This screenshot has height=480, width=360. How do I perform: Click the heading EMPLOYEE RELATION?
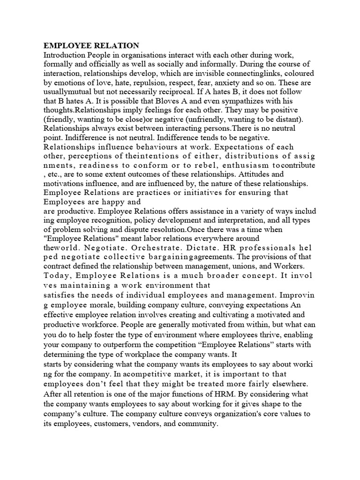(91, 45)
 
